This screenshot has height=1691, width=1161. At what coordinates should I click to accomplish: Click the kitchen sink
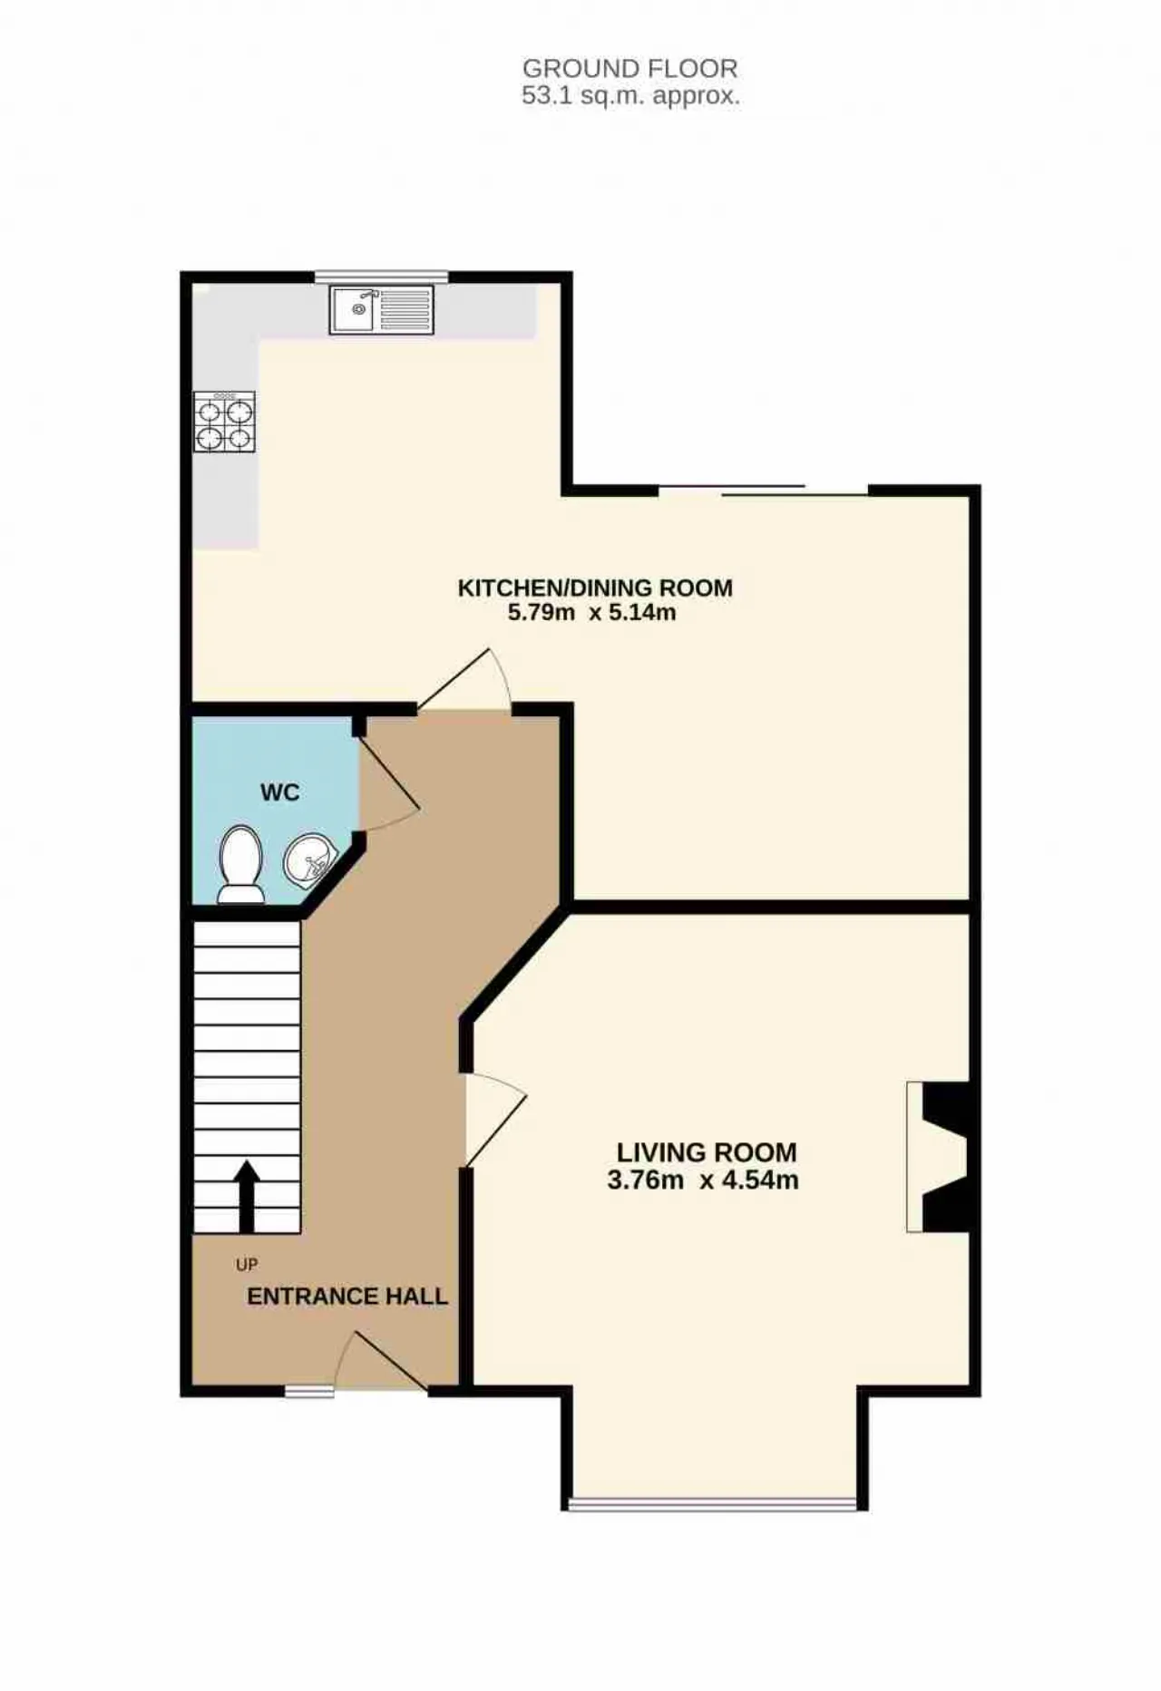(x=382, y=309)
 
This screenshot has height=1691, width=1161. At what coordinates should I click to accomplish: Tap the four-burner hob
(x=224, y=422)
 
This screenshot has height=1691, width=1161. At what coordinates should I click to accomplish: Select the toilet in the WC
(x=241, y=864)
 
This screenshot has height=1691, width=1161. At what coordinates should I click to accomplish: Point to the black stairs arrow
(x=247, y=1196)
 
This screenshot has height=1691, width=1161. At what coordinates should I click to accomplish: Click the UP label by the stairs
(x=247, y=1264)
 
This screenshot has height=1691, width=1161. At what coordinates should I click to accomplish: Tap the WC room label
(x=279, y=792)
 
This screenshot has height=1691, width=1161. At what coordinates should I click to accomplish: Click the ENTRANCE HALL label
(x=347, y=1297)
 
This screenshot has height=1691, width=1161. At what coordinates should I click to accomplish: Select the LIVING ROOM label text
(x=707, y=1152)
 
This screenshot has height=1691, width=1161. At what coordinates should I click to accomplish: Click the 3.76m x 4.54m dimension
(x=703, y=1181)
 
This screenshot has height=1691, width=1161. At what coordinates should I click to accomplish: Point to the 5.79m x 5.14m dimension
(x=591, y=612)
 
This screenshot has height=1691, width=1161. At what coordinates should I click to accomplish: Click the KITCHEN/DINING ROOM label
(x=595, y=588)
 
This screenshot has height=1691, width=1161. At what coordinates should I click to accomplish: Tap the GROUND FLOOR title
(x=630, y=68)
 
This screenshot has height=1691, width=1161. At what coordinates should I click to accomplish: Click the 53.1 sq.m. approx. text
(x=630, y=95)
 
